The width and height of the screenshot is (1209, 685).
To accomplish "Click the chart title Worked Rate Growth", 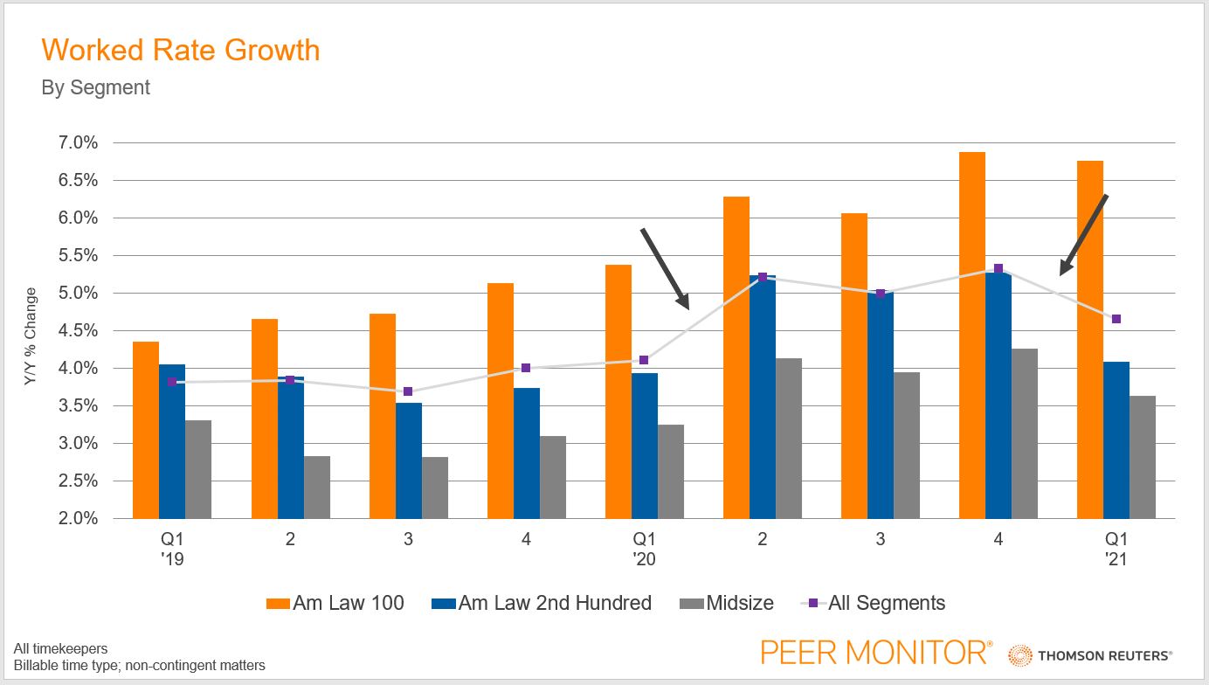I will (x=181, y=50).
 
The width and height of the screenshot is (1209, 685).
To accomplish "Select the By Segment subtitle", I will (x=96, y=88).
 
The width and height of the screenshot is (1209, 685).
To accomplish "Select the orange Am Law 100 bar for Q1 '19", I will (x=146, y=430).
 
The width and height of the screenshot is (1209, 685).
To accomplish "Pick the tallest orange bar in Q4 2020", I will (x=972, y=336).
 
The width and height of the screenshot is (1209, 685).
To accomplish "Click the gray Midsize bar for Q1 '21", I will (x=1143, y=458).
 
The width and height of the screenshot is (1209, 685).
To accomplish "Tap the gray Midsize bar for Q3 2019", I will (x=435, y=488).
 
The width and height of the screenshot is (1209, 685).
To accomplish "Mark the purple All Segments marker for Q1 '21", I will (x=1116, y=319).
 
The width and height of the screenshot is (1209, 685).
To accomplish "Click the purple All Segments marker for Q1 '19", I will (x=172, y=382).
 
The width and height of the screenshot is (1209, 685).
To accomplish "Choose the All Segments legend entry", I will (x=874, y=603).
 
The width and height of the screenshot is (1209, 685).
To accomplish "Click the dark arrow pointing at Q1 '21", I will (x=1084, y=234).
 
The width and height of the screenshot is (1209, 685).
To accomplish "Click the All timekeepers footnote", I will (x=60, y=648).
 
